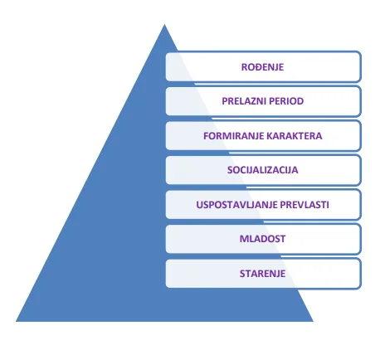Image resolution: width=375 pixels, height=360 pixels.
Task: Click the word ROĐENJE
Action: click(262, 67)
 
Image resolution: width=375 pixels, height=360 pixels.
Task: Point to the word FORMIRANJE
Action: click(231, 136)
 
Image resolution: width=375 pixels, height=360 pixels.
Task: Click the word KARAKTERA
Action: click(292, 136)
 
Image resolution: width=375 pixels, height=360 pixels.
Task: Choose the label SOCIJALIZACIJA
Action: click(262, 170)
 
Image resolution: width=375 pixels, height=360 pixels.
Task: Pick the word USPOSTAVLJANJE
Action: click(236, 205)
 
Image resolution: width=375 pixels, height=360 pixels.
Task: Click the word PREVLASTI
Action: click(304, 205)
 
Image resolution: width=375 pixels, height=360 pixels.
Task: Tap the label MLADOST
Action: click(262, 239)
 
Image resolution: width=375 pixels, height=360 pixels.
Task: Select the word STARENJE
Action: click(262, 274)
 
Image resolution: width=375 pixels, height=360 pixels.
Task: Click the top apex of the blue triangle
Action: click(164, 24)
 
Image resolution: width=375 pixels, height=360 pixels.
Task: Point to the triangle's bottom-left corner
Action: click(16, 321)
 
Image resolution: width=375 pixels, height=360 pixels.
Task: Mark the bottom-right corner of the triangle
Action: click(313, 321)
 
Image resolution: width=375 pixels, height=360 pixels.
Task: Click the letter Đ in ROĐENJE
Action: click(256, 67)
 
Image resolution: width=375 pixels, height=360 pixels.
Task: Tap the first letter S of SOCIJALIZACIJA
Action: click(230, 170)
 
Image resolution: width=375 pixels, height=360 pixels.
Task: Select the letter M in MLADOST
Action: click(244, 239)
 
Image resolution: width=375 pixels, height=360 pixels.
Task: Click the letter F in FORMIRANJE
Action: click(206, 136)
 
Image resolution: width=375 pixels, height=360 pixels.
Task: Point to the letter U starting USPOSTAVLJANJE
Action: click(199, 205)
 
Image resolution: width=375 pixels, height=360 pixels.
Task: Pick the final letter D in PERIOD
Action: click(300, 101)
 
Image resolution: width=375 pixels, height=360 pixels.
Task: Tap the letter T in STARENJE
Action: click(247, 274)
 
